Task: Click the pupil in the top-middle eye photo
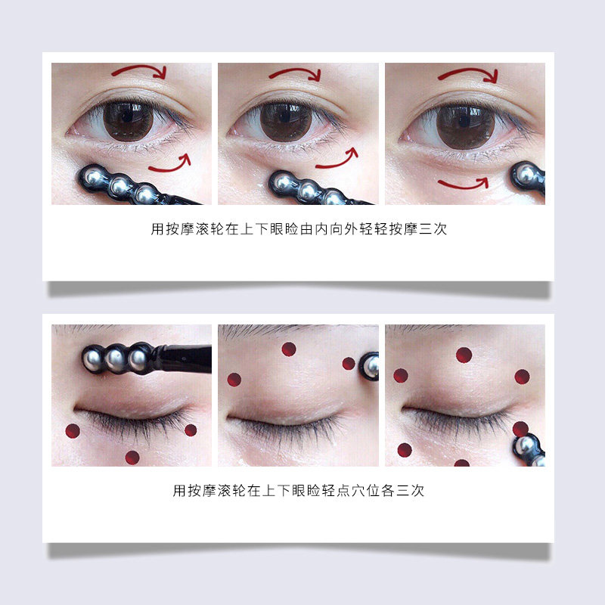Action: click(287, 121)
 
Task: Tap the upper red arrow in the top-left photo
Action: click(140, 72)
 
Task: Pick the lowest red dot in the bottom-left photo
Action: click(132, 457)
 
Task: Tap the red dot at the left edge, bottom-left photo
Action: click(73, 431)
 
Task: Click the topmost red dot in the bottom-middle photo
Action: click(289, 349)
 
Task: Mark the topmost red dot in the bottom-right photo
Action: click(464, 355)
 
